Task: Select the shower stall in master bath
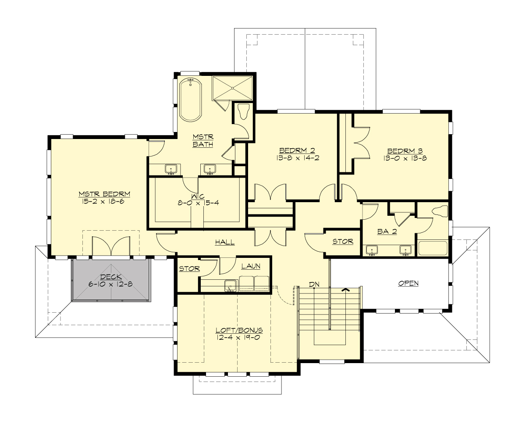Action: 232,89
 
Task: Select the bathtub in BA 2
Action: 433,248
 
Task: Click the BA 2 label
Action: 387,231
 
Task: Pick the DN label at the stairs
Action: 314,285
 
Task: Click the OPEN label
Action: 408,283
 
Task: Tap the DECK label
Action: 111,277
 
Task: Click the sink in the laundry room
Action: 231,285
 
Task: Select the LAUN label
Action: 251,266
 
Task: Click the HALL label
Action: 224,242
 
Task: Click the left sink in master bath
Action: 171,169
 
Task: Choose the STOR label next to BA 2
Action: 343,241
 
